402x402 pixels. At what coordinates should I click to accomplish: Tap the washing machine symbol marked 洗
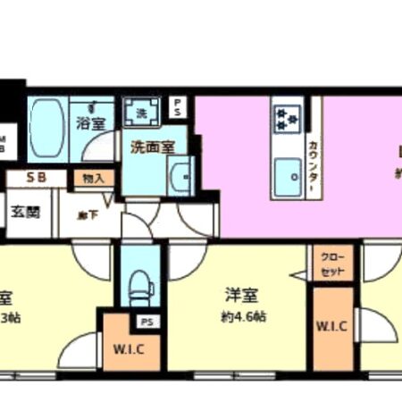[x=141, y=113]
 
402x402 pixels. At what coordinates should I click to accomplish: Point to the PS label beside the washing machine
[x=178, y=108]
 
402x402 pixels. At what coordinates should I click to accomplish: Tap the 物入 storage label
[x=93, y=178]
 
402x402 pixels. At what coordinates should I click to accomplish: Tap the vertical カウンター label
[x=314, y=164]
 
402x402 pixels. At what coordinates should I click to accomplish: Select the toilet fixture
[x=138, y=284]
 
